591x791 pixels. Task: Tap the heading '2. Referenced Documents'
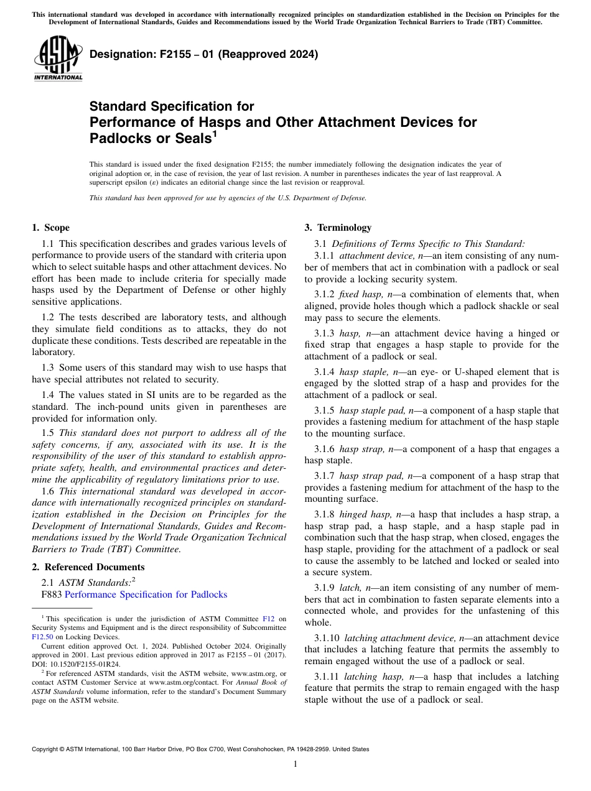pos(88,567)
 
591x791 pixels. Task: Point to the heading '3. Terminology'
pos(337,228)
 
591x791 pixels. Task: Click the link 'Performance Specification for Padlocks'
pos(146,594)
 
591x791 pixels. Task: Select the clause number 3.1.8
pos(326,514)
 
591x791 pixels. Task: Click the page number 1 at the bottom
pos(295,764)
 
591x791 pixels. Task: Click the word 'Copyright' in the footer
pos(49,749)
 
